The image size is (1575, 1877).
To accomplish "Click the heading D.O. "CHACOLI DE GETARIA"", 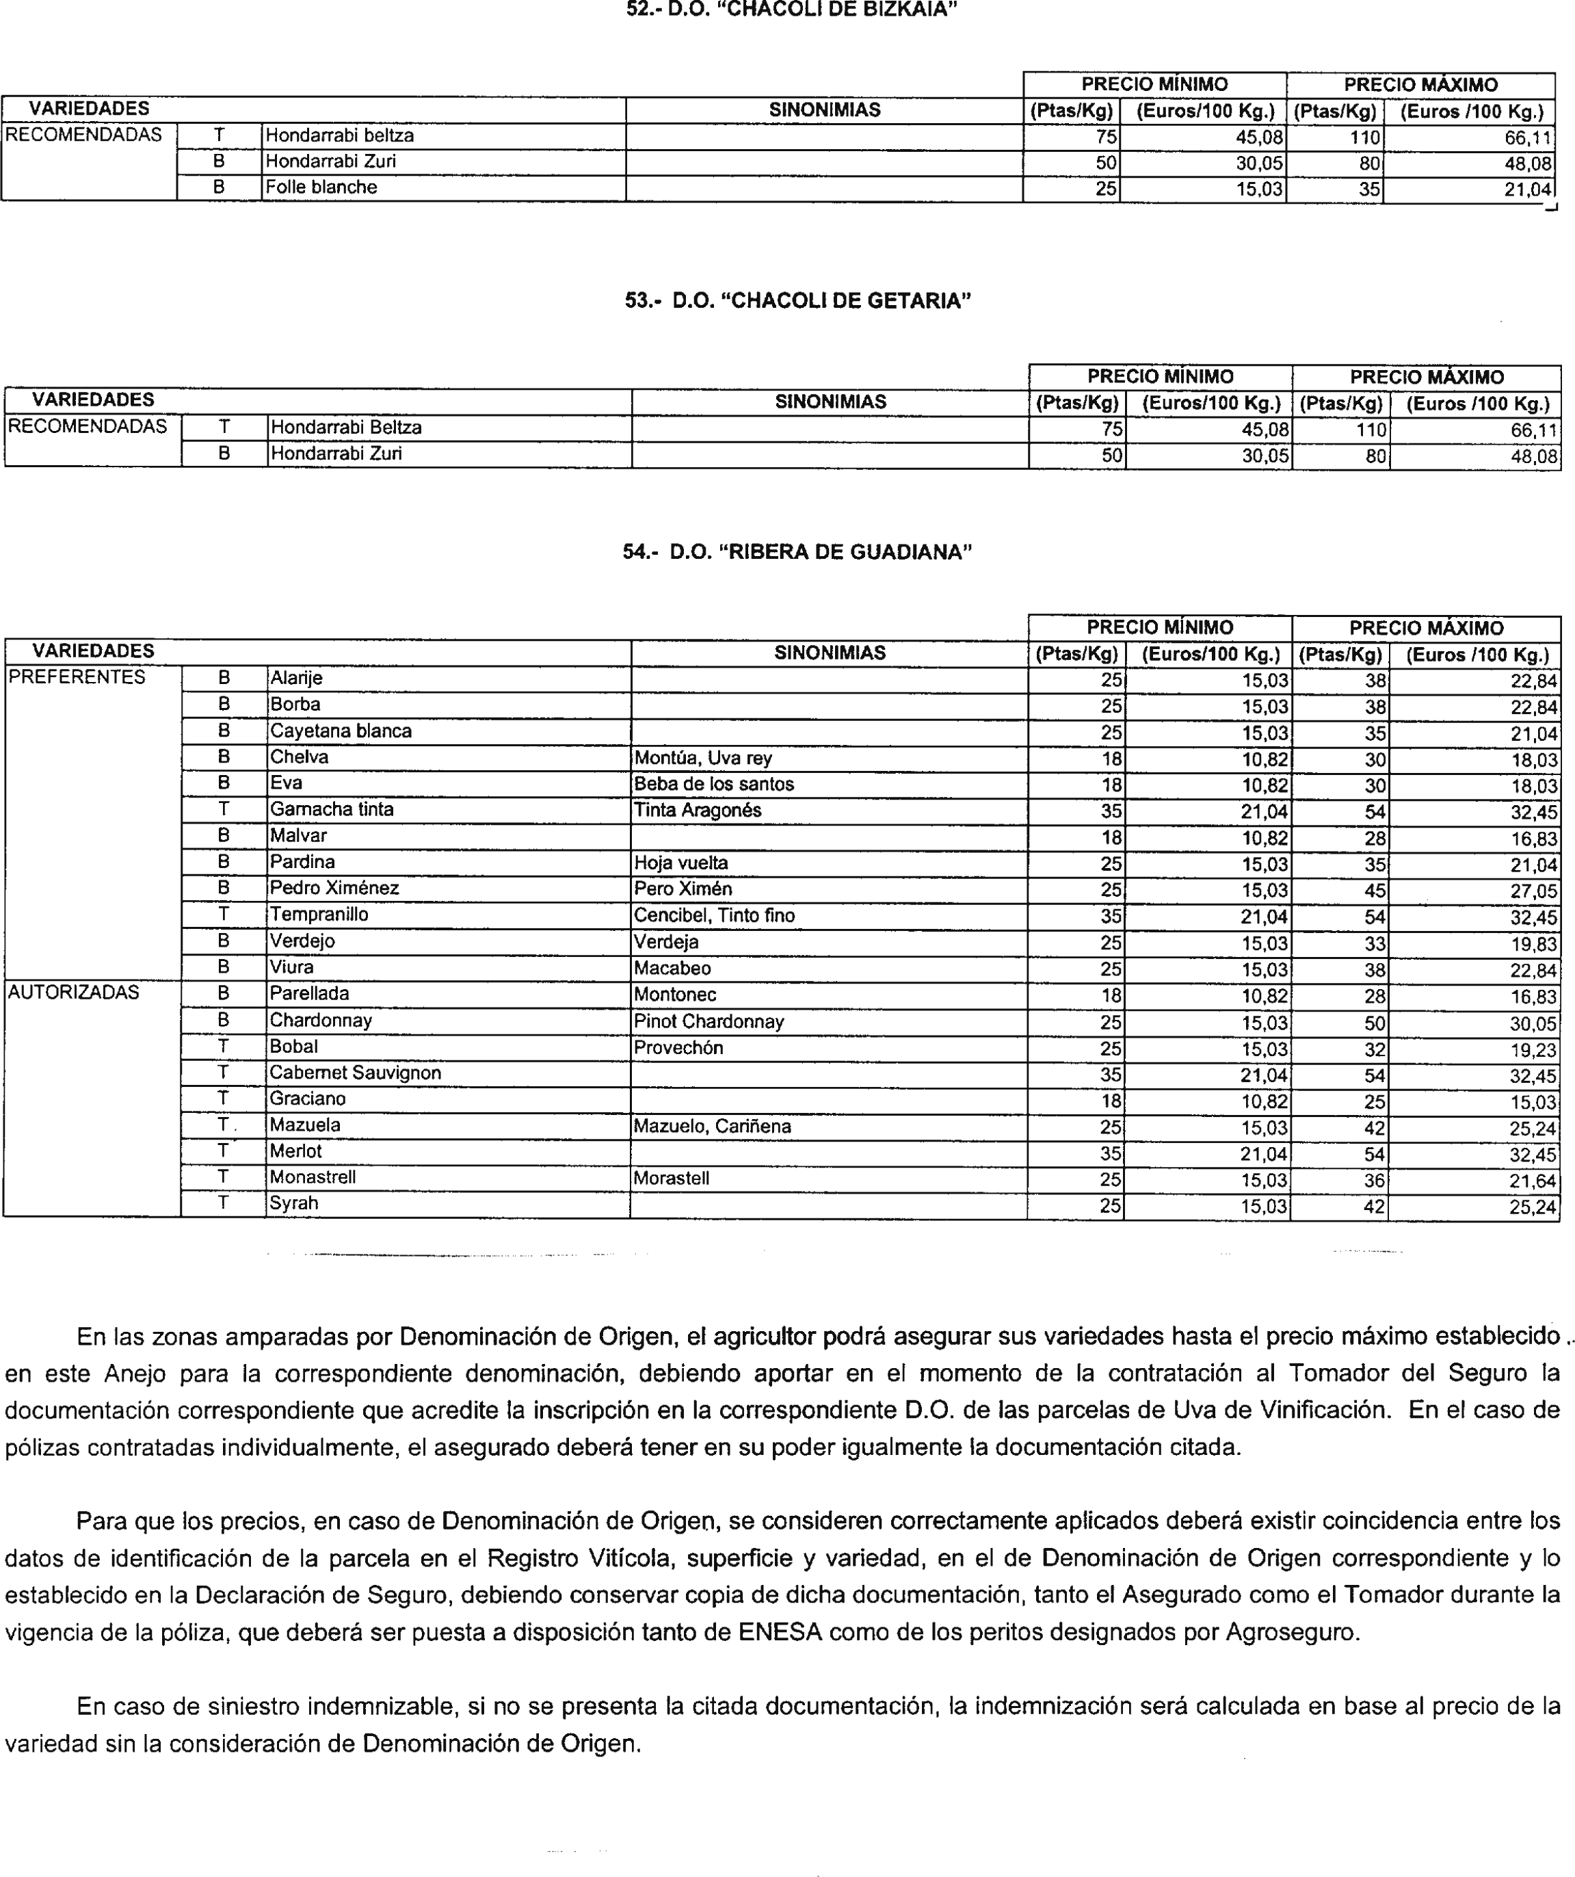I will click(x=797, y=300).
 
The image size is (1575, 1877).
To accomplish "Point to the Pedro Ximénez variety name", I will click(x=334, y=888).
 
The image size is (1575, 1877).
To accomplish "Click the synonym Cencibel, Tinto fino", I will click(x=713, y=915).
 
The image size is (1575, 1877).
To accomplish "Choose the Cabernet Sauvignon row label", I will click(x=355, y=1073).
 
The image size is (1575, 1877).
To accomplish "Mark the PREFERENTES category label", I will click(x=76, y=677).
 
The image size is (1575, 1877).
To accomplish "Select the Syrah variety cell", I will click(x=294, y=1203).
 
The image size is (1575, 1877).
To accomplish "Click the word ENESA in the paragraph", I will click(x=780, y=1633).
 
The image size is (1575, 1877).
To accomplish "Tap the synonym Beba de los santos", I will click(x=713, y=784).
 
